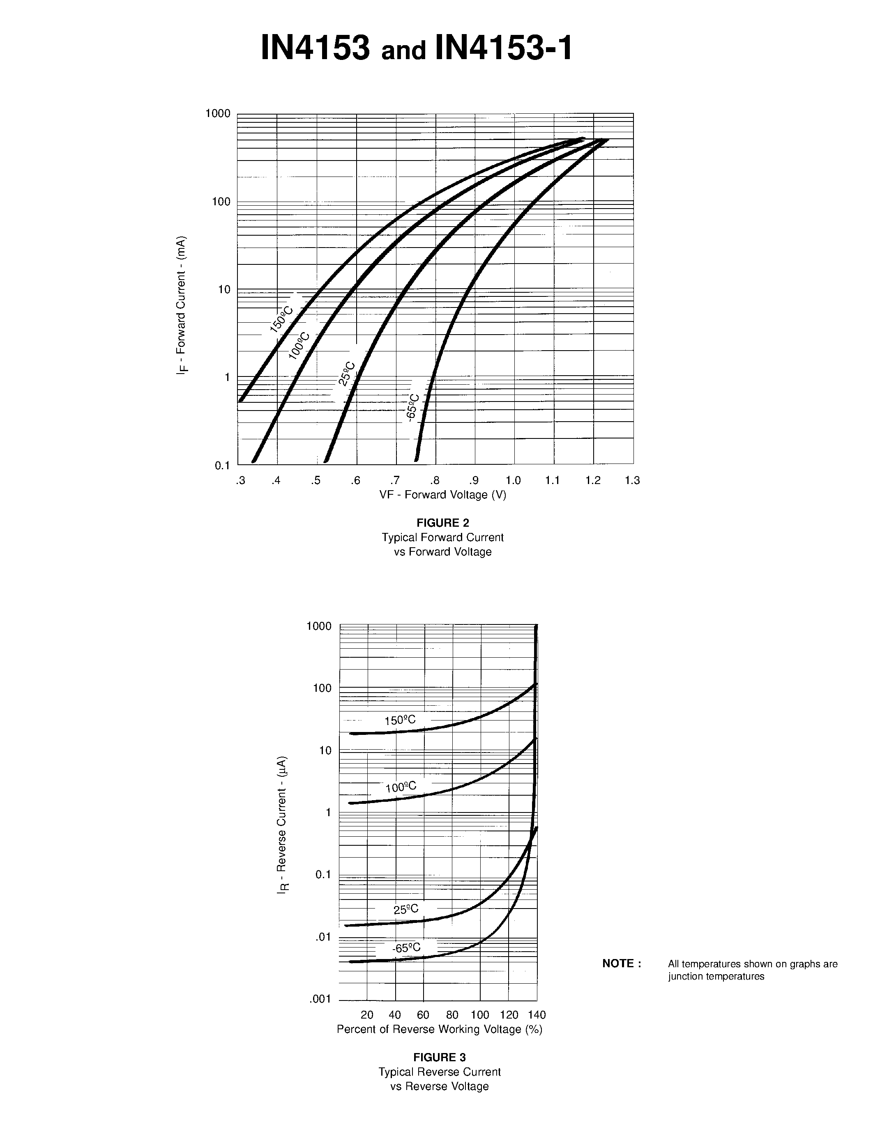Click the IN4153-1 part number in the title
coord(504,48)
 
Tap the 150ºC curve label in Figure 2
coord(281,319)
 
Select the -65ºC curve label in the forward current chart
coord(413,408)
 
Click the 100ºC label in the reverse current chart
coord(401,787)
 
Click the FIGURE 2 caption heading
coord(443,523)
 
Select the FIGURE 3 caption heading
coord(440,1057)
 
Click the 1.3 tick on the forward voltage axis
coord(632,481)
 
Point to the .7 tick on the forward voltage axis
coord(395,481)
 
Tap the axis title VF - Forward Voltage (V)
coord(443,495)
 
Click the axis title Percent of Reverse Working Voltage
coord(440,1029)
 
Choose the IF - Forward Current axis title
coord(181,305)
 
